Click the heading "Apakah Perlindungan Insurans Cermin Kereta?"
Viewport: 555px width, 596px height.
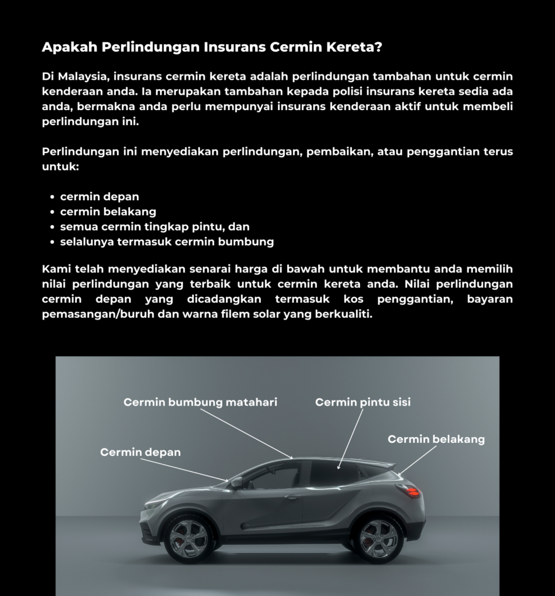[x=212, y=47]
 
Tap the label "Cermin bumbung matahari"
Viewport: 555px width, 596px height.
[x=200, y=402]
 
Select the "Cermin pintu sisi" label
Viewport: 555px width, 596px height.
[x=363, y=402]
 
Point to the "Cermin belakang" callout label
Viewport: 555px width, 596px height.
[x=436, y=439]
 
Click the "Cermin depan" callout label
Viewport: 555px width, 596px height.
[x=140, y=452]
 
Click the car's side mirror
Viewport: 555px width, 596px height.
[x=236, y=483]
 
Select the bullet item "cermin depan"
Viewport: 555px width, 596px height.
[x=100, y=197]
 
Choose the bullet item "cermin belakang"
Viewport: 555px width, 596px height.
[x=108, y=212]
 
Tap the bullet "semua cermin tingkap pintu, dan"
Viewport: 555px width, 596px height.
[x=155, y=227]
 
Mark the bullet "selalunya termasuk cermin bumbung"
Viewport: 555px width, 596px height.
[x=167, y=242]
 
